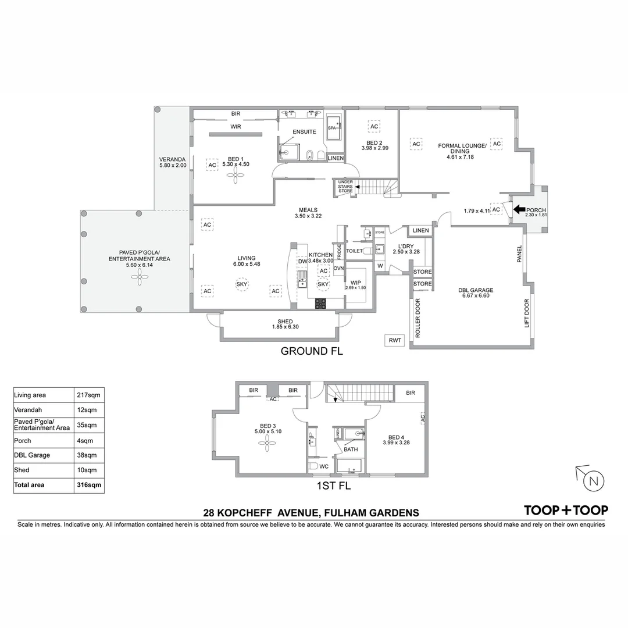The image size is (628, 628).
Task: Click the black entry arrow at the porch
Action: pyautogui.click(x=519, y=210)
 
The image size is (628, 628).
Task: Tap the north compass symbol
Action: pyautogui.click(x=592, y=481)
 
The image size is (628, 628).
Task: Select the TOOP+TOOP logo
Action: pyautogui.click(x=566, y=510)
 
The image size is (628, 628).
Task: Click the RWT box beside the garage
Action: pyautogui.click(x=394, y=341)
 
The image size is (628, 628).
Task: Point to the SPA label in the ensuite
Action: pyautogui.click(x=332, y=127)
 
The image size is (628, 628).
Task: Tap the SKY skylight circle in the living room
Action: pyautogui.click(x=241, y=284)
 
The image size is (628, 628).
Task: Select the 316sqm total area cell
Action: pyautogui.click(x=89, y=484)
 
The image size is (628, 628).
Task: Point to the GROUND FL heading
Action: pyautogui.click(x=312, y=351)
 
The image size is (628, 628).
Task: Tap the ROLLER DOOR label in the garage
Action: pyautogui.click(x=418, y=319)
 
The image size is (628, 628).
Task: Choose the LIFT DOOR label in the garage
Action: pyautogui.click(x=527, y=313)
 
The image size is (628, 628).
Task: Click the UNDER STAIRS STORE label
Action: pyautogui.click(x=345, y=187)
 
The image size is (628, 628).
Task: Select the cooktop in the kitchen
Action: pyautogui.click(x=321, y=303)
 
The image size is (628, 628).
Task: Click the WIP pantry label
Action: pyautogui.click(x=355, y=283)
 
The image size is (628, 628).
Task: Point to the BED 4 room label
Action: pyautogui.click(x=396, y=437)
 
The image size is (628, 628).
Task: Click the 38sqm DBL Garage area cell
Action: pyautogui.click(x=89, y=455)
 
